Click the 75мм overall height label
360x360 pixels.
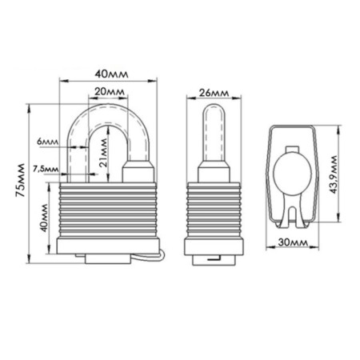click(x=20, y=180)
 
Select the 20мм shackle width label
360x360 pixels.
click(x=110, y=92)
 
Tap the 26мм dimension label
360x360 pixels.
click(x=214, y=93)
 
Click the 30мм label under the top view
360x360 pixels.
click(x=293, y=242)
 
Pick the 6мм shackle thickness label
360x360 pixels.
click(x=48, y=142)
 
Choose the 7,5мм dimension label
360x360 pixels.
click(x=46, y=169)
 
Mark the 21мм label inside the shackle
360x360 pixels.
click(x=103, y=153)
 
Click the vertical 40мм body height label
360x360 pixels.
click(x=43, y=218)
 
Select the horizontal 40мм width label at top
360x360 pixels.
click(x=111, y=74)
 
